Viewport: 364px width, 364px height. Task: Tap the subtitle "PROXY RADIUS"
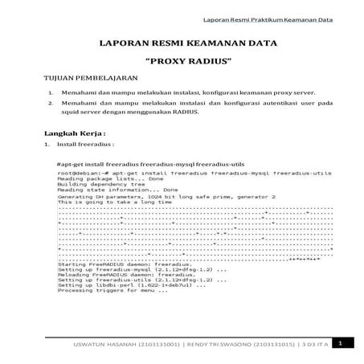tap(182, 61)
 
